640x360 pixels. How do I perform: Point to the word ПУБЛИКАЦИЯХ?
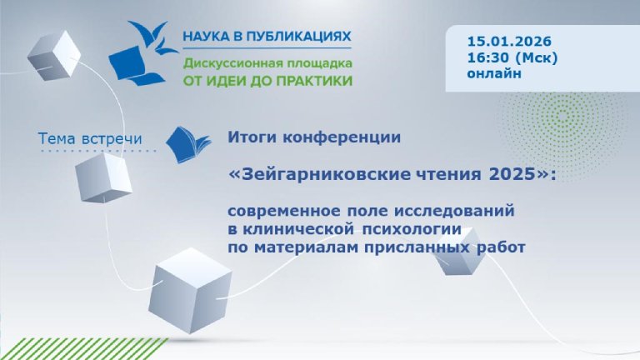click(302, 37)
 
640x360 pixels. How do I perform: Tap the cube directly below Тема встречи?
click(103, 176)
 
